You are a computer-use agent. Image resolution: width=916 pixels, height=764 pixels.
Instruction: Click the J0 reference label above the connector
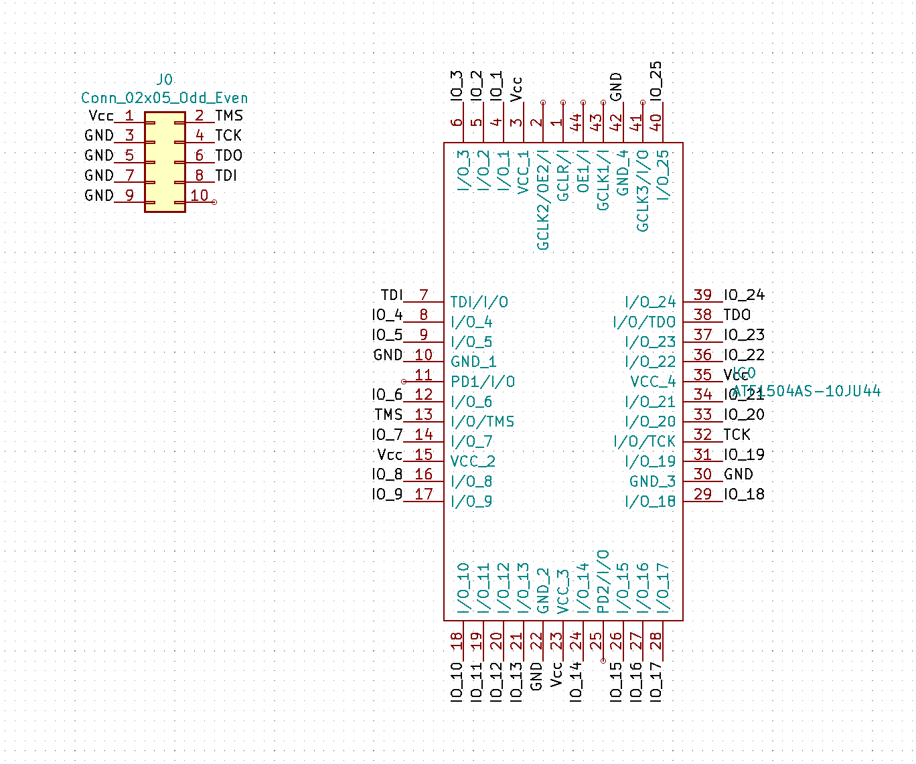tap(164, 80)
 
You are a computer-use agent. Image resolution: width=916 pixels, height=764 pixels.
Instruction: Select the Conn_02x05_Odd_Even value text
tap(164, 98)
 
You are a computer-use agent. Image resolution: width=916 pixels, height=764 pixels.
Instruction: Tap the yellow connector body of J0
tap(165, 161)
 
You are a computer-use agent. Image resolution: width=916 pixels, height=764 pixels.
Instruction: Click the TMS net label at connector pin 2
tap(228, 116)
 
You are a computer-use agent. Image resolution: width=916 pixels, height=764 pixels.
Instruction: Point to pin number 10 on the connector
tap(199, 196)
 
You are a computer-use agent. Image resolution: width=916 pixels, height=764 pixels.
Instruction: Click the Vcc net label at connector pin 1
tap(101, 116)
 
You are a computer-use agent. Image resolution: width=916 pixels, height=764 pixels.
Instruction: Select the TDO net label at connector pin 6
tap(228, 155)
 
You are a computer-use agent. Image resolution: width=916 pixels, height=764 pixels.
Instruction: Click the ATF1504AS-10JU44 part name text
tap(807, 391)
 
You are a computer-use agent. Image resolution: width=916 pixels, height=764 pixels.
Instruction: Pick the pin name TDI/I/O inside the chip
tap(479, 302)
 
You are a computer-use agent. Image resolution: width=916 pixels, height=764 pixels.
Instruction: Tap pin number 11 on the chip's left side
tap(423, 374)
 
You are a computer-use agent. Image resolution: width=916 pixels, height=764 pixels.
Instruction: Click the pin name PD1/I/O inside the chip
tap(482, 382)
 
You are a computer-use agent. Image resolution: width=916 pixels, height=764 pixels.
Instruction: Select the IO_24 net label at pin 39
tap(744, 295)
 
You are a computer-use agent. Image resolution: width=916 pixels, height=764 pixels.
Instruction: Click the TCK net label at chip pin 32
tap(737, 435)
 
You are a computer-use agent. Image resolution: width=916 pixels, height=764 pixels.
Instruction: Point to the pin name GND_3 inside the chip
tap(652, 481)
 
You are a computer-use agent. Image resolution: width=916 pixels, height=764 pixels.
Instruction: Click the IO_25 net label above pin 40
tap(656, 80)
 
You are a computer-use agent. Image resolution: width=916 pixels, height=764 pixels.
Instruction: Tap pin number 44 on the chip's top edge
tap(576, 122)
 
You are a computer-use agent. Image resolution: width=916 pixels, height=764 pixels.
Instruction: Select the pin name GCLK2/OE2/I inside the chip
tap(543, 200)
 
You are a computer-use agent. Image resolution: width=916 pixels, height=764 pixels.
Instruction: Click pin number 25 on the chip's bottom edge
tap(596, 641)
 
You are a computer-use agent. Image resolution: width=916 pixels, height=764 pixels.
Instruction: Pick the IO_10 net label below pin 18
tap(457, 682)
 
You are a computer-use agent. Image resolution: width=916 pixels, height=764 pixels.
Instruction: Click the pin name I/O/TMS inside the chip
tap(482, 422)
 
